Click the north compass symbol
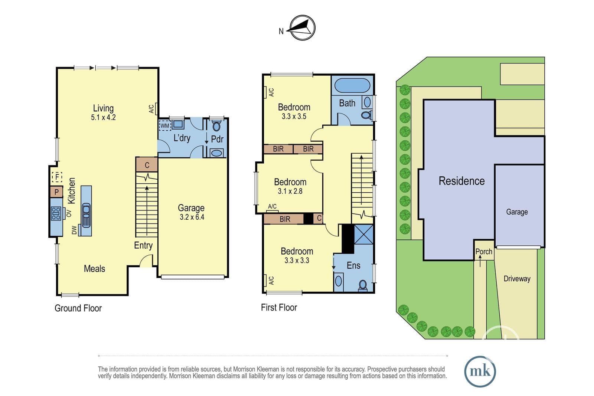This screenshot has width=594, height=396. [x=302, y=28]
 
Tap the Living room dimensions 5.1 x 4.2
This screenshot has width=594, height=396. [x=104, y=117]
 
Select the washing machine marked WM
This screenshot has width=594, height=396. [x=165, y=125]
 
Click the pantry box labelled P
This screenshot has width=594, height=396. [x=56, y=192]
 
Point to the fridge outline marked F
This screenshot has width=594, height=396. [x=57, y=177]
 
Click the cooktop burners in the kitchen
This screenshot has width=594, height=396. [x=56, y=214]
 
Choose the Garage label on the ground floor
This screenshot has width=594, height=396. [x=191, y=208]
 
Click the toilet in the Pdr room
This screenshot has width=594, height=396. [x=217, y=126]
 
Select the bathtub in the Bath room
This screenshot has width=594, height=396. [x=352, y=85]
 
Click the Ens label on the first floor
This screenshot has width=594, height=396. [x=353, y=265]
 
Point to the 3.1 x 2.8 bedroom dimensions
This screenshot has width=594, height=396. [x=290, y=191]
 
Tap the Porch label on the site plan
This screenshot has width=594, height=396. [x=484, y=252]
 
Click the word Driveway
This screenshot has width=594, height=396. [x=517, y=279]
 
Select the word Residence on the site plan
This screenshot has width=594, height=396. [x=462, y=181]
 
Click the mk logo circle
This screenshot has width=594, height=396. [x=480, y=372]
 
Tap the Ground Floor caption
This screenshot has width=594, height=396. [x=78, y=308]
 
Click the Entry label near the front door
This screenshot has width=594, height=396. [x=143, y=245]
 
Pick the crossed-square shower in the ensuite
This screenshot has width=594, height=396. [x=364, y=234]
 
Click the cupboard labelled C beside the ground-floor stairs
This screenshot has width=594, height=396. [x=147, y=165]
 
